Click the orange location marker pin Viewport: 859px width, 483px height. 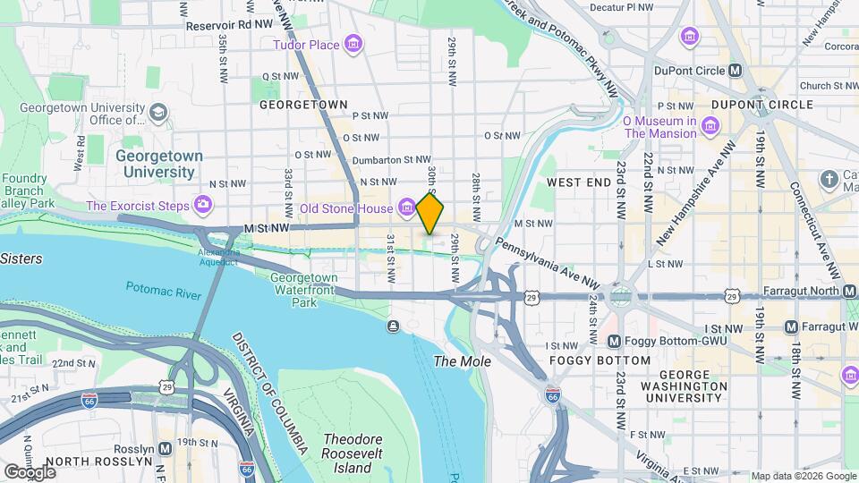click(430, 213)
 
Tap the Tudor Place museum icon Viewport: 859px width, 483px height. click(353, 44)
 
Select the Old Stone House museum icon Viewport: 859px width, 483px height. click(406, 208)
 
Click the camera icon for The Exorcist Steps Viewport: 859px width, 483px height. click(203, 207)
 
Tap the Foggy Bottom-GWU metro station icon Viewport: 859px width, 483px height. click(614, 342)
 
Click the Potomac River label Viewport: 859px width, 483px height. click(158, 288)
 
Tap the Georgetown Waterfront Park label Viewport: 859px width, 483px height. click(304, 290)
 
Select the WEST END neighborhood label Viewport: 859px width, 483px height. click(578, 182)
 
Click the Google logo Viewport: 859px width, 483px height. click(30, 471)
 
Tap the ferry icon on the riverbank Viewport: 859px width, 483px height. click(392, 326)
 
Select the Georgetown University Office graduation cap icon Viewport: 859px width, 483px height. click(158, 113)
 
